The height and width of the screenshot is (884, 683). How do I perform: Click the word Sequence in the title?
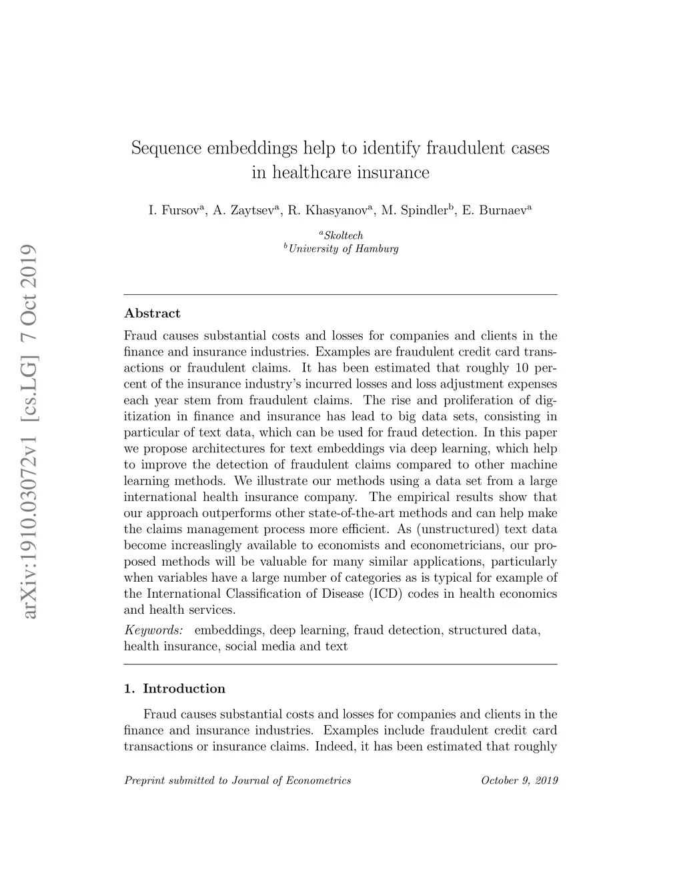[166, 148]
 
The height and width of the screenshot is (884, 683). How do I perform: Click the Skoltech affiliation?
[342, 235]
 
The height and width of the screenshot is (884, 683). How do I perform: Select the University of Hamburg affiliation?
[343, 249]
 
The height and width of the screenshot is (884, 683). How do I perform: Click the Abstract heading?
[152, 314]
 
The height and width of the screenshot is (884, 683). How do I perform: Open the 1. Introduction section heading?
[175, 689]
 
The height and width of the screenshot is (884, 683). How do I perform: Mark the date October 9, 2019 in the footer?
[519, 781]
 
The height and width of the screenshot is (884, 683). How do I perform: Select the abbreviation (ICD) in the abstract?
[385, 594]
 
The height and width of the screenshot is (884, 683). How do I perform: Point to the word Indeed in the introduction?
[332, 746]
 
